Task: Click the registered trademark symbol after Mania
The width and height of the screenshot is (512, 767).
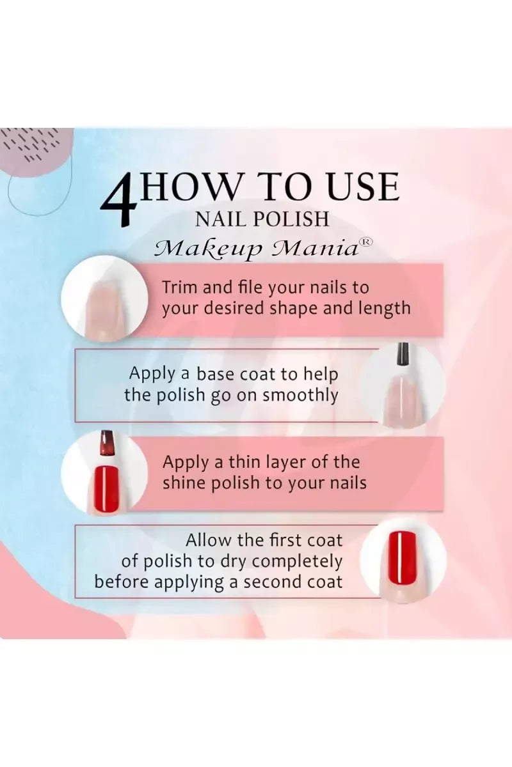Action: pyautogui.click(x=366, y=242)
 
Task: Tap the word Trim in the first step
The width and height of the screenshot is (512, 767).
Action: pyautogui.click(x=180, y=287)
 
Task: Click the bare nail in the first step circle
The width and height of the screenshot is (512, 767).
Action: pyautogui.click(x=105, y=308)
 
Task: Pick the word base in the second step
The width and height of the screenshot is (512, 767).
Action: pyautogui.click(x=216, y=374)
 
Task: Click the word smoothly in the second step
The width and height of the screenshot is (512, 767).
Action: pyautogui.click(x=300, y=396)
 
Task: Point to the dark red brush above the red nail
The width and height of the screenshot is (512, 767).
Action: pyautogui.click(x=107, y=444)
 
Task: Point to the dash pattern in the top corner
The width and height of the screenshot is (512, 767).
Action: pyautogui.click(x=35, y=144)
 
